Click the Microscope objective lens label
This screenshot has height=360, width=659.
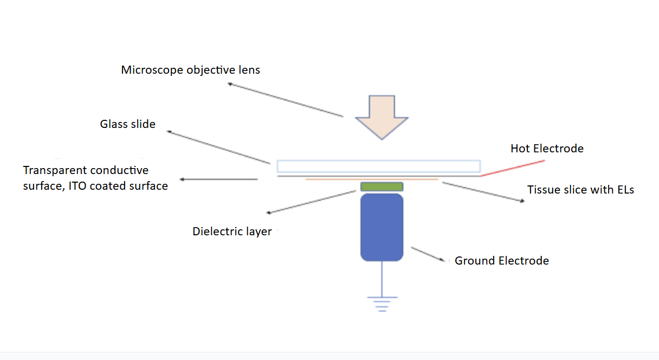(x=190, y=70)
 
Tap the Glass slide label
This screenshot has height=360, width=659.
(x=127, y=124)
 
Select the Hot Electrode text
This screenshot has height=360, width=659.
(x=547, y=149)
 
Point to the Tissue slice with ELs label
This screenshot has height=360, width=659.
(x=580, y=190)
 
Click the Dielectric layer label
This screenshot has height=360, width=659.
(x=232, y=232)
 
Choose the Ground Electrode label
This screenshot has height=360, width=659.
(x=501, y=261)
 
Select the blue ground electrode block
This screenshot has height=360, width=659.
(x=382, y=227)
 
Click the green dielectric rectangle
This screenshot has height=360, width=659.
(x=382, y=187)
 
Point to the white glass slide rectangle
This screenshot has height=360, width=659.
(x=378, y=166)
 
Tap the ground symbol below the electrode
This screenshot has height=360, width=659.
(x=382, y=303)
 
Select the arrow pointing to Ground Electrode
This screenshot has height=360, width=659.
(x=431, y=255)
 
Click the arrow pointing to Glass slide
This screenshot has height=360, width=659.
(x=218, y=147)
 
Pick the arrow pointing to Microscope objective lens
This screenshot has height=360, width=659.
(x=285, y=100)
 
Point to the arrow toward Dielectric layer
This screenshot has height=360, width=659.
(x=311, y=202)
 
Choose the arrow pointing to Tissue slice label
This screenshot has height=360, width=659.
(x=483, y=192)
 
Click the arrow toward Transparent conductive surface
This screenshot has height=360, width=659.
(x=219, y=179)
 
